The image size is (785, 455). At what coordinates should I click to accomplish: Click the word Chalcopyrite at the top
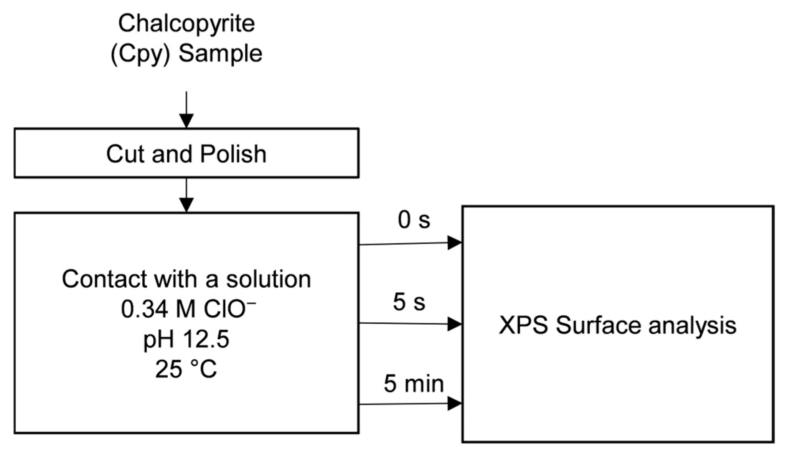186,24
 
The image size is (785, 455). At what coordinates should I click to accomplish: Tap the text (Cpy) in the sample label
140,54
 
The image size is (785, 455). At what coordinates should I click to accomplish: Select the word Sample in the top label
220,54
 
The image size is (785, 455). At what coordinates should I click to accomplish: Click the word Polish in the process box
233,154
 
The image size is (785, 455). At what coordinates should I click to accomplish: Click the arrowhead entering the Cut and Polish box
186,121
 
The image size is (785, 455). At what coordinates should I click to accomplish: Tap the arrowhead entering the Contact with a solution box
186,205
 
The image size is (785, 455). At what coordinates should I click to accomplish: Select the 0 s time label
414,220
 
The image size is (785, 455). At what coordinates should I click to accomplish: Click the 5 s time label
409,302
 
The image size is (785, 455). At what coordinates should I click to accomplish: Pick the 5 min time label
414,383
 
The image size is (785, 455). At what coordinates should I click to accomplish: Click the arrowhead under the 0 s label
455,243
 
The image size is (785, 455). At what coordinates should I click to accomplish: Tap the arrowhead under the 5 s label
455,324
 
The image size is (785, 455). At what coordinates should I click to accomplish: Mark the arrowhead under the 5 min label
455,403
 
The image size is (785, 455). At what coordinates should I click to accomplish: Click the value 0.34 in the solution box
144,309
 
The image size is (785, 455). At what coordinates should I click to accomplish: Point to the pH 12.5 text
186,340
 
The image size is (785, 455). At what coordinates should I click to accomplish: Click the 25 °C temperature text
186,369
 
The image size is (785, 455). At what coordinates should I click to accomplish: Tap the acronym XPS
523,326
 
